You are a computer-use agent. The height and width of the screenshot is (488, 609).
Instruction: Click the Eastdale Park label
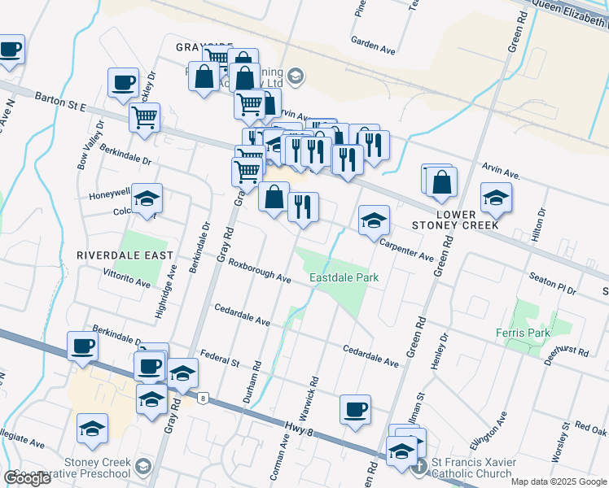[x=344, y=277]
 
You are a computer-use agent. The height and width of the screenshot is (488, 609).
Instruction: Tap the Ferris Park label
[x=523, y=333]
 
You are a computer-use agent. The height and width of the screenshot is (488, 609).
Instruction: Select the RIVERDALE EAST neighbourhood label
[x=125, y=255]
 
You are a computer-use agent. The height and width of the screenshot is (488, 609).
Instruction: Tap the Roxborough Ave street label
[x=260, y=272]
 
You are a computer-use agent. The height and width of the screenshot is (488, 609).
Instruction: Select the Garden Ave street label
[x=372, y=45]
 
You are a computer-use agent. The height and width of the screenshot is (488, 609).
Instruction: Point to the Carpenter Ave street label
[x=406, y=250]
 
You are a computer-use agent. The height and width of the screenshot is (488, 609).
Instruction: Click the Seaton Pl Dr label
[x=552, y=284]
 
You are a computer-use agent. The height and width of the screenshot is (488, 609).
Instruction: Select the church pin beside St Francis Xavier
[x=419, y=467]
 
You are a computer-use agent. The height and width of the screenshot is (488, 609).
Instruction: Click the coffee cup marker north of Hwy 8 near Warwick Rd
[x=355, y=410]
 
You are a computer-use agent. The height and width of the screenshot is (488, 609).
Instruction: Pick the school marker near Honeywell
[x=147, y=198]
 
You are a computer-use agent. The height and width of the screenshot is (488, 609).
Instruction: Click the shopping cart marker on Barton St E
[x=144, y=116]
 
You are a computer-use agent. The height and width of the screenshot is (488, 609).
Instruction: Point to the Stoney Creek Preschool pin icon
[x=144, y=466]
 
